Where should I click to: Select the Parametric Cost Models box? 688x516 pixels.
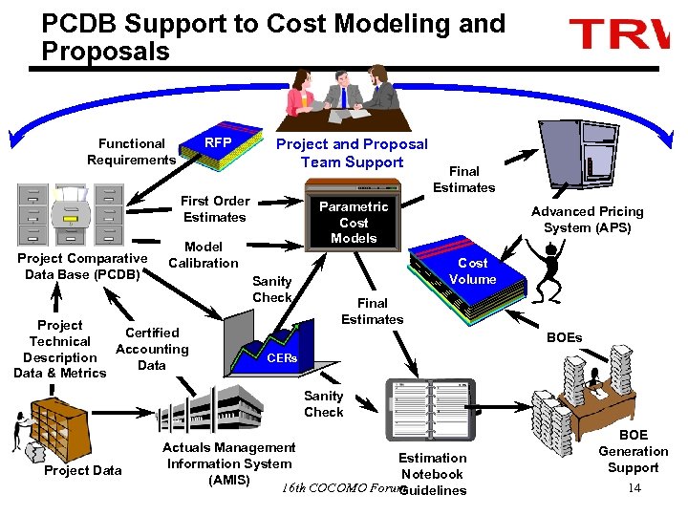click(x=354, y=222)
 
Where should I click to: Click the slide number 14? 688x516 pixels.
click(x=634, y=488)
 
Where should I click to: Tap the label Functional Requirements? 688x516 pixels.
click(x=132, y=152)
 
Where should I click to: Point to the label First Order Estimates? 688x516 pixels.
click(x=215, y=209)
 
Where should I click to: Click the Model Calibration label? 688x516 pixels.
click(x=203, y=255)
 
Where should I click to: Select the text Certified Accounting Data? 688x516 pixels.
click(x=152, y=349)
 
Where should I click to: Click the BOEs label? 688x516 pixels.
click(x=564, y=337)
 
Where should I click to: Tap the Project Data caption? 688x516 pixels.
click(x=83, y=470)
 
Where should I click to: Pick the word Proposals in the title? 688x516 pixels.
click(x=105, y=52)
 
